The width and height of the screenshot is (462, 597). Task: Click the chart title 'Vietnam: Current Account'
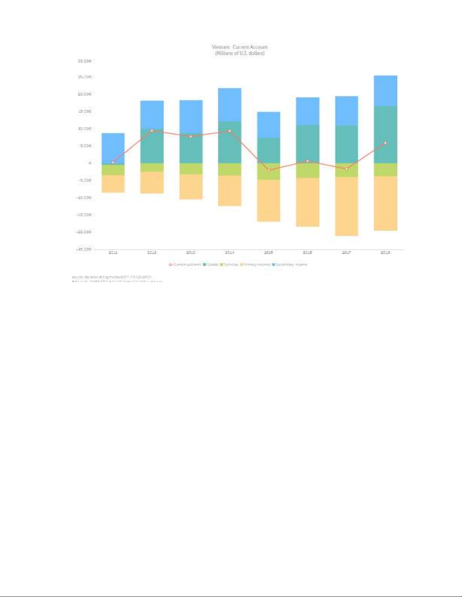(239, 47)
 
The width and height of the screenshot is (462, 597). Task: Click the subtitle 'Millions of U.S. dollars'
(239, 53)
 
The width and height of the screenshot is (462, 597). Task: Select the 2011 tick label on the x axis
(113, 252)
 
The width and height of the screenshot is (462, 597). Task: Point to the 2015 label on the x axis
(269, 252)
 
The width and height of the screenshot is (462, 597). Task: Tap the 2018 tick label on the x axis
(385, 252)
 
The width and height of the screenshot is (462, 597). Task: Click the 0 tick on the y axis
(90, 163)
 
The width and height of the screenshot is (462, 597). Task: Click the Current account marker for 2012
(152, 131)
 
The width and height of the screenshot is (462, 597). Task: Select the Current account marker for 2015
(269, 170)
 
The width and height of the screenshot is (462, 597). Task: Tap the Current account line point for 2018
(385, 143)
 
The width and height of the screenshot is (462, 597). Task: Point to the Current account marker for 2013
(191, 136)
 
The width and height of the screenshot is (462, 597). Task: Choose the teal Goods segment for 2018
(385, 134)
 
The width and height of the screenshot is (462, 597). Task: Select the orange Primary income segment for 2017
(346, 206)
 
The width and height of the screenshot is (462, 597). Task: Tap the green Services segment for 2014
(230, 169)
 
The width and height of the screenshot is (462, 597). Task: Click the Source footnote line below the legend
(112, 277)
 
